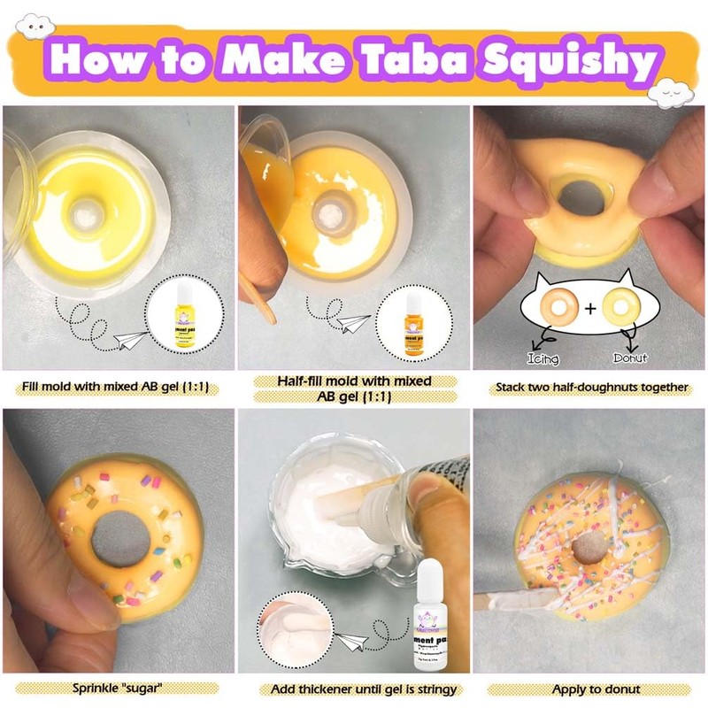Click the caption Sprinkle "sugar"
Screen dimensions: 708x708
[118, 689]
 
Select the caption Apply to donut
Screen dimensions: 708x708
[589, 689]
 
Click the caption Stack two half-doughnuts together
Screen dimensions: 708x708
[589, 387]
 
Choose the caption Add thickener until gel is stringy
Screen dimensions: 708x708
[354, 689]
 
